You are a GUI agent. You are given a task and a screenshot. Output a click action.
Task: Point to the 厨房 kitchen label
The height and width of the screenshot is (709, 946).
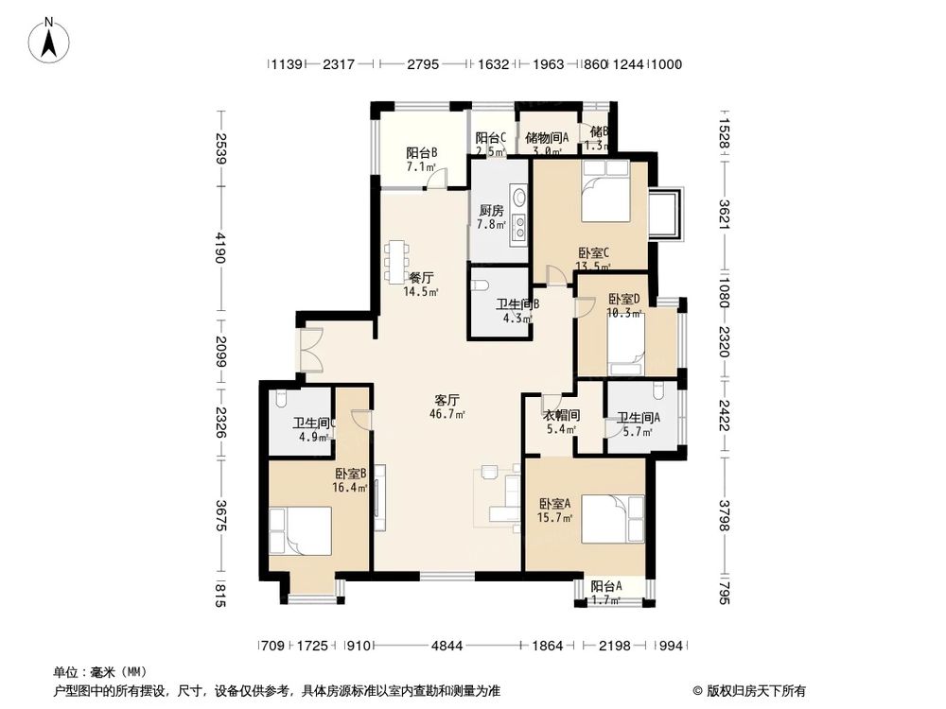click(490, 211)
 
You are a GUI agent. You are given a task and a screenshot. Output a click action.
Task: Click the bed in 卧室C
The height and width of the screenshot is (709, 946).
click(603, 192)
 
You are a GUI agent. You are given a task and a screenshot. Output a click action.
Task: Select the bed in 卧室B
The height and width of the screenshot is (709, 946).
click(300, 530)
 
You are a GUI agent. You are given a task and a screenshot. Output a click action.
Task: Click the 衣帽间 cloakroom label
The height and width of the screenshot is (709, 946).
click(560, 415)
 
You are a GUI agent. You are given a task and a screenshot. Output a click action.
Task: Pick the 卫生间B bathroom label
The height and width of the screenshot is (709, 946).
click(517, 304)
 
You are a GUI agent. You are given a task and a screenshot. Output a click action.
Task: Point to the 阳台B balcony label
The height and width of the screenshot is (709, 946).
click(421, 153)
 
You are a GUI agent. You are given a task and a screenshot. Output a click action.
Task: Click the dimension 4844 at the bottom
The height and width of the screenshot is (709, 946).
click(447, 647)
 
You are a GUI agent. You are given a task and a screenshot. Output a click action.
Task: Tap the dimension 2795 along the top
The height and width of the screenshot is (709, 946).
click(423, 65)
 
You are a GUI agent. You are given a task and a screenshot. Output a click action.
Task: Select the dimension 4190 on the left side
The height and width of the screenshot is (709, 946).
click(220, 254)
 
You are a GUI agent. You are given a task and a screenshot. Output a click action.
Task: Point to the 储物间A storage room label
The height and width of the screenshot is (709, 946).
click(546, 137)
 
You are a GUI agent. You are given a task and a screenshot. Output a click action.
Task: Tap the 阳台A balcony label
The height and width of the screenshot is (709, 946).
click(606, 586)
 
